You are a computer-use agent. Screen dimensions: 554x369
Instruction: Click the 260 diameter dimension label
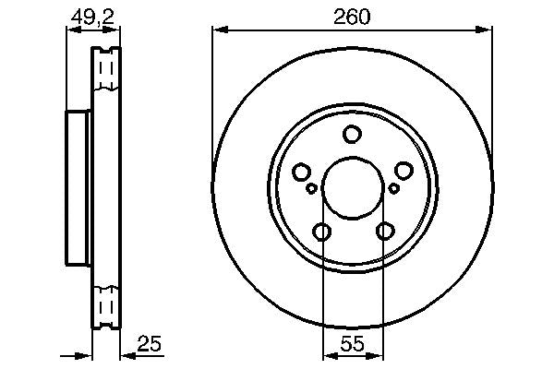[x=352, y=17]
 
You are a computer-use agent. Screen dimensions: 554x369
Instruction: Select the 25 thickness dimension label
[x=150, y=343]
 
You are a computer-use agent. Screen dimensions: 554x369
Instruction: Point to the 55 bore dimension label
[x=353, y=343]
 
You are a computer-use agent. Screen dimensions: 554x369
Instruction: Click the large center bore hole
[x=353, y=188]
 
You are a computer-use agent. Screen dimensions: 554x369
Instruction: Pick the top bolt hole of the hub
[x=353, y=134]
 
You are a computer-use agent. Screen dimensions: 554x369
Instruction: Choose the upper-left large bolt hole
[x=301, y=172]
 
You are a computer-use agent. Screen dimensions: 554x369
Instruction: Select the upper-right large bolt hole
[x=403, y=171]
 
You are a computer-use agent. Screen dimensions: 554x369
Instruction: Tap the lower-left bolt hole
[x=322, y=232]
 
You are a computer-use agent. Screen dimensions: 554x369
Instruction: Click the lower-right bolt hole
[x=385, y=231]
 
